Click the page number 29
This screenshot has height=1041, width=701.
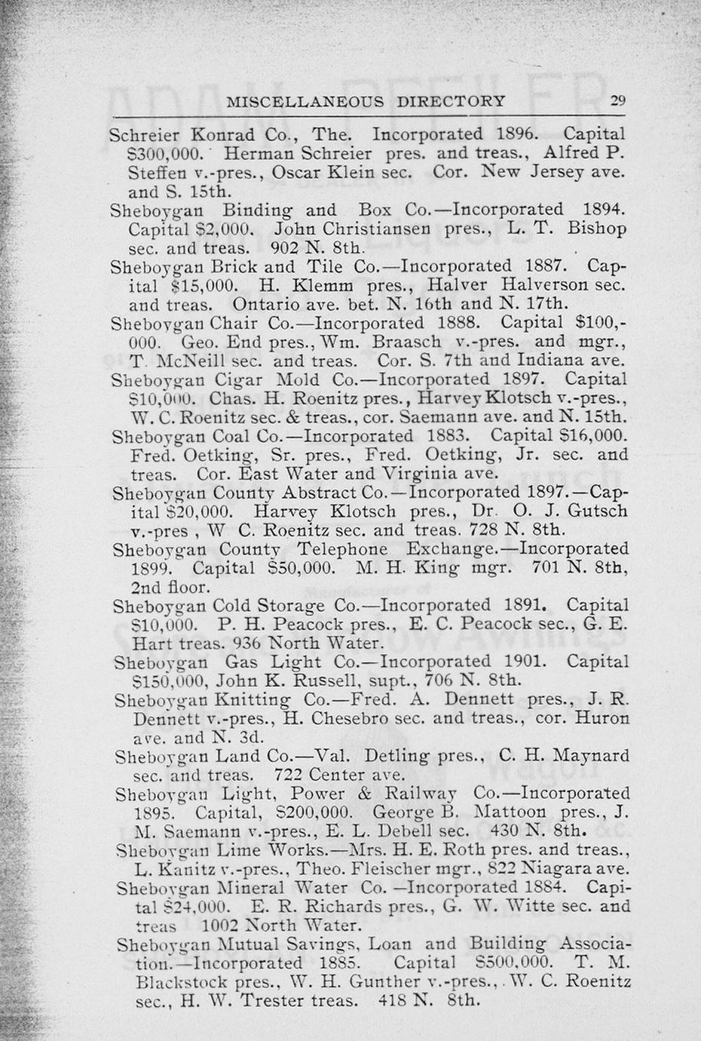tap(618, 101)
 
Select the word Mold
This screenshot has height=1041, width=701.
tap(298, 379)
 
